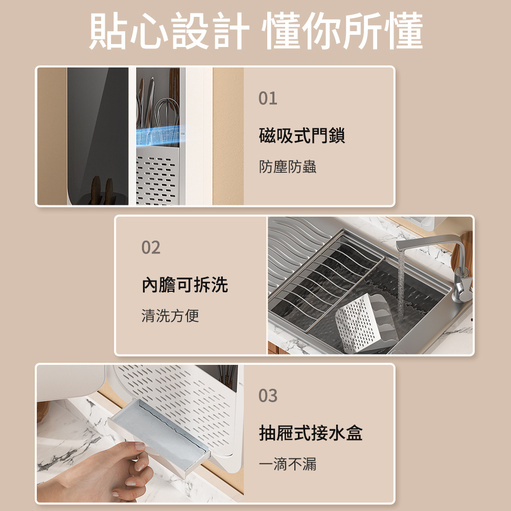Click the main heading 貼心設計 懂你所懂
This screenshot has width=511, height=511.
click(x=256, y=31)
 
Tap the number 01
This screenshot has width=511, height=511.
click(x=268, y=99)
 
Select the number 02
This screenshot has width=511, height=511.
click(x=151, y=248)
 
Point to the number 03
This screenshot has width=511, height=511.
click(x=268, y=396)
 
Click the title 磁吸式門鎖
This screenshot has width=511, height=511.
click(x=302, y=135)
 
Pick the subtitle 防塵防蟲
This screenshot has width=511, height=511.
click(x=287, y=167)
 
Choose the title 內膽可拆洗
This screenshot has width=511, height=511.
click(x=185, y=285)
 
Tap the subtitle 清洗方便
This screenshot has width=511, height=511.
click(x=170, y=315)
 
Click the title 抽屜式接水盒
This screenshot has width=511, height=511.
click(x=311, y=433)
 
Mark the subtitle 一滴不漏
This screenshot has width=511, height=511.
click(x=287, y=464)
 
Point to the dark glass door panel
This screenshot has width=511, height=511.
click(x=97, y=136)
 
